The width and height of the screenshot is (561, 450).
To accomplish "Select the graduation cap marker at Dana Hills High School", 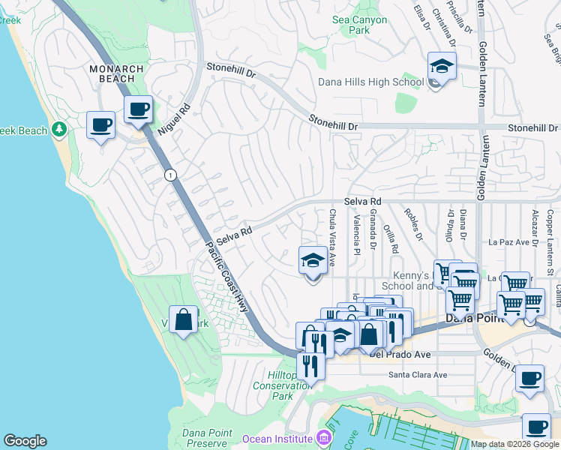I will (x=442, y=67).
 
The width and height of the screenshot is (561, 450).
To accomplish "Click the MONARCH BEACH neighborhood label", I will (x=116, y=73).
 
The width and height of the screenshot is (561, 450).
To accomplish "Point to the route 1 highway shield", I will (x=171, y=174).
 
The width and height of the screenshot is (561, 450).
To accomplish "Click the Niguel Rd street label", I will (x=174, y=120).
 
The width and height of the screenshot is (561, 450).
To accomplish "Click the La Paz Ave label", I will (x=510, y=242).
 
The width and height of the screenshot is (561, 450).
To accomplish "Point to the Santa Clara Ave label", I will (x=417, y=375).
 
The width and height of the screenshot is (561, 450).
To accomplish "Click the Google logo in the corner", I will (x=25, y=441).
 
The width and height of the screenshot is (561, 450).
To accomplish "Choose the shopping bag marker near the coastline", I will (x=183, y=320).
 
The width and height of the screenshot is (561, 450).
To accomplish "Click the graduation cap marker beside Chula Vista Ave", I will (x=313, y=261).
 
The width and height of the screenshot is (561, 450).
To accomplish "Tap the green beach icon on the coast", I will (x=58, y=130).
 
